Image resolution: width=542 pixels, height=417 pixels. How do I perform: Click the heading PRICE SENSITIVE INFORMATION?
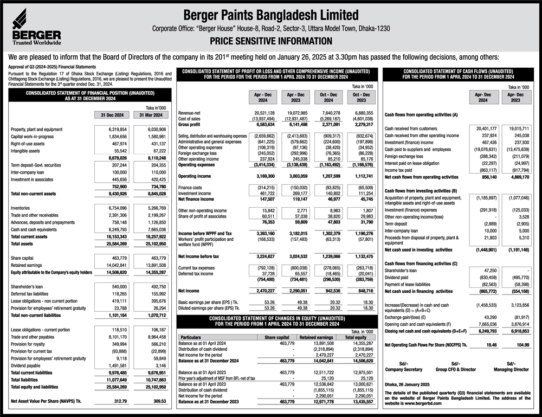(270, 41)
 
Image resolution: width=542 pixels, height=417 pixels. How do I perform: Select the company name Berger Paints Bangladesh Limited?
(270, 15)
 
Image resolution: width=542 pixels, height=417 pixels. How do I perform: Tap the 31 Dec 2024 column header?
(112, 115)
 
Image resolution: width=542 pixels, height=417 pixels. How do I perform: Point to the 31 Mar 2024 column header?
(150, 115)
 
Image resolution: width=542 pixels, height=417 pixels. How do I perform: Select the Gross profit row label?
(189, 124)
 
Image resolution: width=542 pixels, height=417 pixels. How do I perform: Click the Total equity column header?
(356, 337)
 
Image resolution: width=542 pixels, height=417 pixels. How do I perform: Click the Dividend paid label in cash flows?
(399, 277)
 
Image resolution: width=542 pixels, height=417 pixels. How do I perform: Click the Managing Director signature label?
(511, 369)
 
